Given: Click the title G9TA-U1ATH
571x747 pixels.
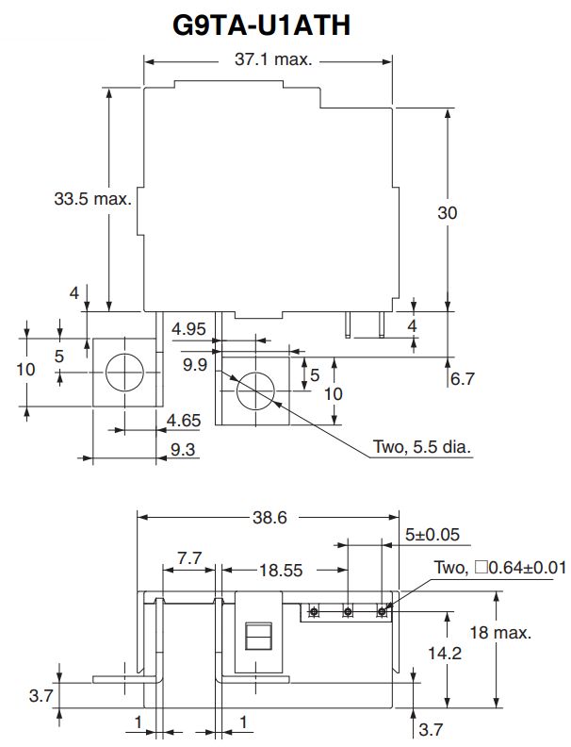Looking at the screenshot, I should coord(262,25).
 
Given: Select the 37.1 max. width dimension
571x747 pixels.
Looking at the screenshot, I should coord(272,59).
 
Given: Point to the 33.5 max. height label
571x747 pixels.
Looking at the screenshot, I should coord(92,199).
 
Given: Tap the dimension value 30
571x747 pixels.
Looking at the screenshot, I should coord(447,213).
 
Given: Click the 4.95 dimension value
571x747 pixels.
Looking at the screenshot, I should coord(188,329).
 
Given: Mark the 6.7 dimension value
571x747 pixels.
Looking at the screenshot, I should coord(462,379).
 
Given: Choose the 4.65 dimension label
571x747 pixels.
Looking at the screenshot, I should coord(183,420).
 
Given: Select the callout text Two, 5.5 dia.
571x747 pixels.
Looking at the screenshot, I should coord(422,446).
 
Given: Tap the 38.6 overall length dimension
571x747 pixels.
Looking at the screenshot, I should coord(269,517).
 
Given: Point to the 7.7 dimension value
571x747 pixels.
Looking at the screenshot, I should coord(189,558).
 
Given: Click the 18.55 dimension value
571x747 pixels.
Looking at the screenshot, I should coord(281,570).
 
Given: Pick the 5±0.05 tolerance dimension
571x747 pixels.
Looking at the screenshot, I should coord(432,535).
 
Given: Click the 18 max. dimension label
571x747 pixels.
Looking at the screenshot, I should coord(500,632).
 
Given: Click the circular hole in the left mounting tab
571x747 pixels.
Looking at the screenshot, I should coord(122,373).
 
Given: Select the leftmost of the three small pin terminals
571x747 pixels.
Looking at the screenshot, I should coord(313,612).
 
